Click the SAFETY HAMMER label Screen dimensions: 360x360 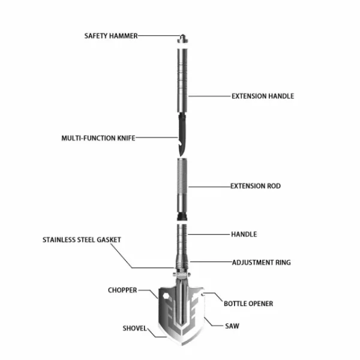pos(111,36)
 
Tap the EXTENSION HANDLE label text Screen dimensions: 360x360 pos(263,96)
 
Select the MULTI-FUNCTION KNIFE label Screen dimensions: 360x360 pos(98,138)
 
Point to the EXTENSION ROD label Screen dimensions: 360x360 pos(256,186)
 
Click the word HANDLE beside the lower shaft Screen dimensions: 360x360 pos(244,234)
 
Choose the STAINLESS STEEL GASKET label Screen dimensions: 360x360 pos(82,239)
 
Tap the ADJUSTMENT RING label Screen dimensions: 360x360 pos(261,262)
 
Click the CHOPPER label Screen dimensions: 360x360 pos(122,290)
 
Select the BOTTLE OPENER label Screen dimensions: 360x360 pos(248,304)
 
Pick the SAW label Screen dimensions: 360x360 pos(232,326)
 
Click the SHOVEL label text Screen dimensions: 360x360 pos(134,328)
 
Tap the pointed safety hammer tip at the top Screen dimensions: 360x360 pos(182,35)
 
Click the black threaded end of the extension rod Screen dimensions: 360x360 pos(182,217)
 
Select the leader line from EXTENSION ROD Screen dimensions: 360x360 pos(209,187)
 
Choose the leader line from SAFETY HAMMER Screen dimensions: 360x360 pos(159,36)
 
